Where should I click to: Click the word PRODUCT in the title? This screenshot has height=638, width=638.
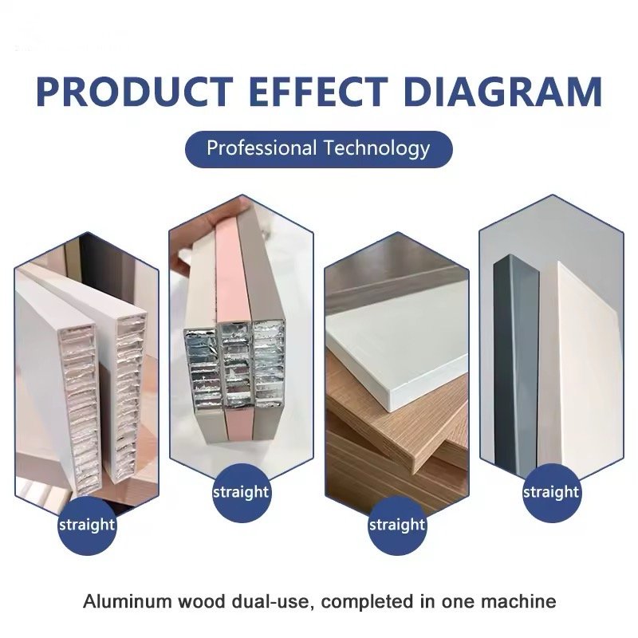[x=134, y=92]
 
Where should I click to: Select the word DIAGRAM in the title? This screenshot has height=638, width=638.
[x=503, y=92]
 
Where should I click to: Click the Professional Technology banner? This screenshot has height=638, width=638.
[x=318, y=149]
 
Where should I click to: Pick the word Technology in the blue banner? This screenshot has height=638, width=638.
[x=376, y=149]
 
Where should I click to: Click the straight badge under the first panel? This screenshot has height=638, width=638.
[x=87, y=525]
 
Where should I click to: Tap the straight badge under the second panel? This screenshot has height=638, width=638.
[x=242, y=492]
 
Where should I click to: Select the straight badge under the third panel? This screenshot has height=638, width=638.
[x=397, y=525]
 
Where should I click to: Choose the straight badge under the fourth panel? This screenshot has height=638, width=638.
[x=551, y=492]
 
